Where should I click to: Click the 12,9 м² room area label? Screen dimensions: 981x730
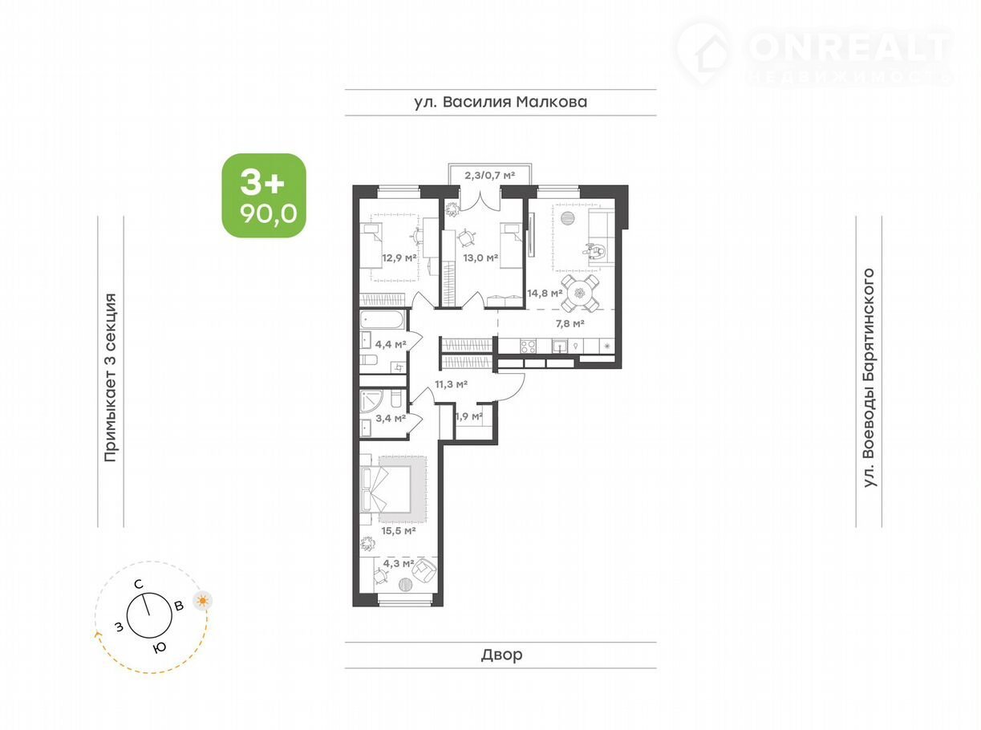click(x=399, y=258)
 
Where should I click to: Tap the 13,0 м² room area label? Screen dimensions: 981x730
click(x=480, y=258)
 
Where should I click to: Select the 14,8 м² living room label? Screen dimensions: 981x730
click(x=545, y=293)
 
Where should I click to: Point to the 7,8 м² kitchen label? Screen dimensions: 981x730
click(x=570, y=323)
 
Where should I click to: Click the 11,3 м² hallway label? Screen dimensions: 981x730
click(x=451, y=384)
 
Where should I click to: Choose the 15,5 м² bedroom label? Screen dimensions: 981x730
click(x=398, y=530)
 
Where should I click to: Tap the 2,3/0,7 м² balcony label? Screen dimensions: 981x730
click(x=489, y=175)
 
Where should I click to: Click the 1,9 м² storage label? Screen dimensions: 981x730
click(x=468, y=416)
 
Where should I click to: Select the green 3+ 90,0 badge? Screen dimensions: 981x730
click(x=264, y=195)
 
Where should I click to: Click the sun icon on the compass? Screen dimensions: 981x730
click(x=203, y=601)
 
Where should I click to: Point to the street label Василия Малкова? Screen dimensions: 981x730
click(x=501, y=102)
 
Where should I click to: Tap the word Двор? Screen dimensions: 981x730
click(x=501, y=655)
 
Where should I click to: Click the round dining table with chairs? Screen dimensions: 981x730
click(x=580, y=293)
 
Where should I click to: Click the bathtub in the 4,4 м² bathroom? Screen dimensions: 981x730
click(x=382, y=319)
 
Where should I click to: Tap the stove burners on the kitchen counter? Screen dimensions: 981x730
click(x=528, y=346)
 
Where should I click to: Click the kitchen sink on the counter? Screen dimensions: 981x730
click(x=560, y=346)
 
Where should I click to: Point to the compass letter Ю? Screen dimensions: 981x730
click(x=160, y=647)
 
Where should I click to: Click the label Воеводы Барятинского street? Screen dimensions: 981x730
click(x=869, y=378)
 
